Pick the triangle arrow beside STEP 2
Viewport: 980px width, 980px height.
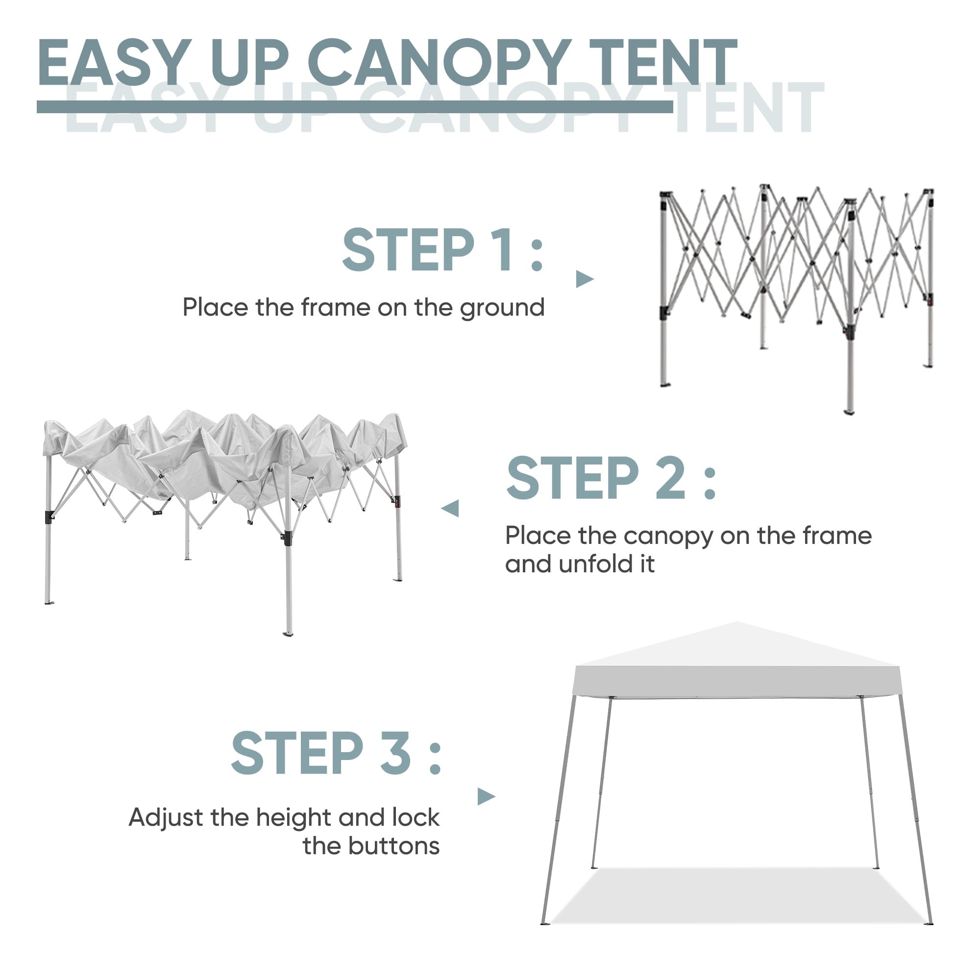pos(450,508)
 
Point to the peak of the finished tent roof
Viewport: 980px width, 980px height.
pos(737,622)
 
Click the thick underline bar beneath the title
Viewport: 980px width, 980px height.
pos(355,106)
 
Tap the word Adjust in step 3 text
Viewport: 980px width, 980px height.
pos(166,818)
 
